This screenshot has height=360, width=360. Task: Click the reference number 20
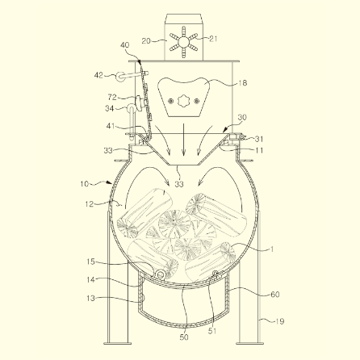coord(146,41)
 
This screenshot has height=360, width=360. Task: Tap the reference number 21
coord(213,39)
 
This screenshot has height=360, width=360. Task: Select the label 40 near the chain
coord(125,45)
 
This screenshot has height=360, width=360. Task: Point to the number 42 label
coord(98,75)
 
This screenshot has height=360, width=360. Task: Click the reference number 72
coord(112,97)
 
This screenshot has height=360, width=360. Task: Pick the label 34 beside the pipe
coord(110,108)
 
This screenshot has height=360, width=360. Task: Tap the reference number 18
coord(243,82)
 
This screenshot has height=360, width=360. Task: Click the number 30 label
coord(242,117)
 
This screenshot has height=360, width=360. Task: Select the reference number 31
coord(259,139)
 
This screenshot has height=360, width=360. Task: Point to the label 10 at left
coord(84,184)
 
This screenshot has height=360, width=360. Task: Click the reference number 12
coord(89,204)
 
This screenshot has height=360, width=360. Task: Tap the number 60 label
coord(274,295)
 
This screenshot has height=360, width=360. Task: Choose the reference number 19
coord(280,321)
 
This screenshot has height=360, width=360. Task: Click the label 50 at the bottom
coord(184,337)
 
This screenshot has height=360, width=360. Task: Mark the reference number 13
coord(91,298)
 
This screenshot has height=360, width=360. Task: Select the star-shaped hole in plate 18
coord(183,101)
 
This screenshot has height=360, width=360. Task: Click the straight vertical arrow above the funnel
coord(183,140)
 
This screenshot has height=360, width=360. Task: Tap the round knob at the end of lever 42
coord(119,76)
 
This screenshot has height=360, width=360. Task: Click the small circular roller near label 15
coord(161,274)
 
